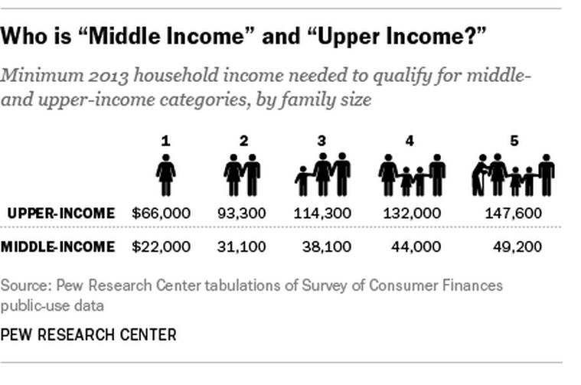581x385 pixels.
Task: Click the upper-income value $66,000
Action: tap(162, 214)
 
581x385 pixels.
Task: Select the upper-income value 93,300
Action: tap(242, 214)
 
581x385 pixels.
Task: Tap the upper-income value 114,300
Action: tap(322, 214)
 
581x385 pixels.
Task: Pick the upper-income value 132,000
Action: tap(412, 214)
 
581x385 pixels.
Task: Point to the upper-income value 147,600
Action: tap(514, 214)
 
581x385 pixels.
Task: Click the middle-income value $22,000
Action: tap(162, 246)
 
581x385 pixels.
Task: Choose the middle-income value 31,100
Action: tap(242, 246)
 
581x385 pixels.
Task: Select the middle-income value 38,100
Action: tap(327, 246)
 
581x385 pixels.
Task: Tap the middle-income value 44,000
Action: tap(416, 246)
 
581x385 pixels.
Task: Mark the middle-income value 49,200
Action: tap(517, 246)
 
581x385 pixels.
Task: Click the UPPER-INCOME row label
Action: tap(61, 214)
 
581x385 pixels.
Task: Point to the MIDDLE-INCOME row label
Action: tap(58, 246)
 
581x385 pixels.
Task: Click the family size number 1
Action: tap(165, 141)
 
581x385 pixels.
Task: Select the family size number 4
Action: tap(410, 141)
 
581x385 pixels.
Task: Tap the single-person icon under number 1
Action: tap(165, 175)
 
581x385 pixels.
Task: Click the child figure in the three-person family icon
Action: tap(302, 181)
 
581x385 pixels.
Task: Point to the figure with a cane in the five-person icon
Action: tap(479, 175)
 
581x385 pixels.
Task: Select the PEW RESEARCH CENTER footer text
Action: tap(88, 335)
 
